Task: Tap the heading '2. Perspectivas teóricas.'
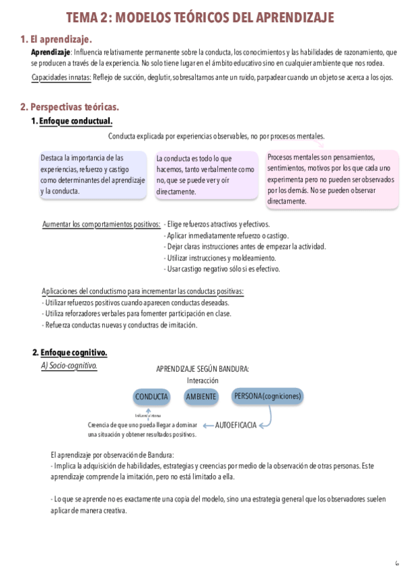point(69,107)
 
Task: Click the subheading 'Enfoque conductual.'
point(75,121)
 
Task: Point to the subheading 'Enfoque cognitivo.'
point(73,353)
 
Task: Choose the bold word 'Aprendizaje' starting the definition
point(50,52)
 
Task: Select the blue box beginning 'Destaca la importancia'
point(93,174)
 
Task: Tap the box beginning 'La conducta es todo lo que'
point(205,175)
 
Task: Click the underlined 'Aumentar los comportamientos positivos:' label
point(102,225)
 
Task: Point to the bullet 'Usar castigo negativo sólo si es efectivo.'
point(222,269)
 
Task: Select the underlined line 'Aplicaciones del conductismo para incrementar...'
point(143,292)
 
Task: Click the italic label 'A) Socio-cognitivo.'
point(69,366)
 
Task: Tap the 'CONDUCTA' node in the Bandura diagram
point(151,397)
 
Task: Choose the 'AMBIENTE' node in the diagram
point(201,397)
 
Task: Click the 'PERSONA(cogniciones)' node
point(267,396)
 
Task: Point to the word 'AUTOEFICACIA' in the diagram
point(235,425)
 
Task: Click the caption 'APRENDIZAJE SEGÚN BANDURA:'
point(203,369)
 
